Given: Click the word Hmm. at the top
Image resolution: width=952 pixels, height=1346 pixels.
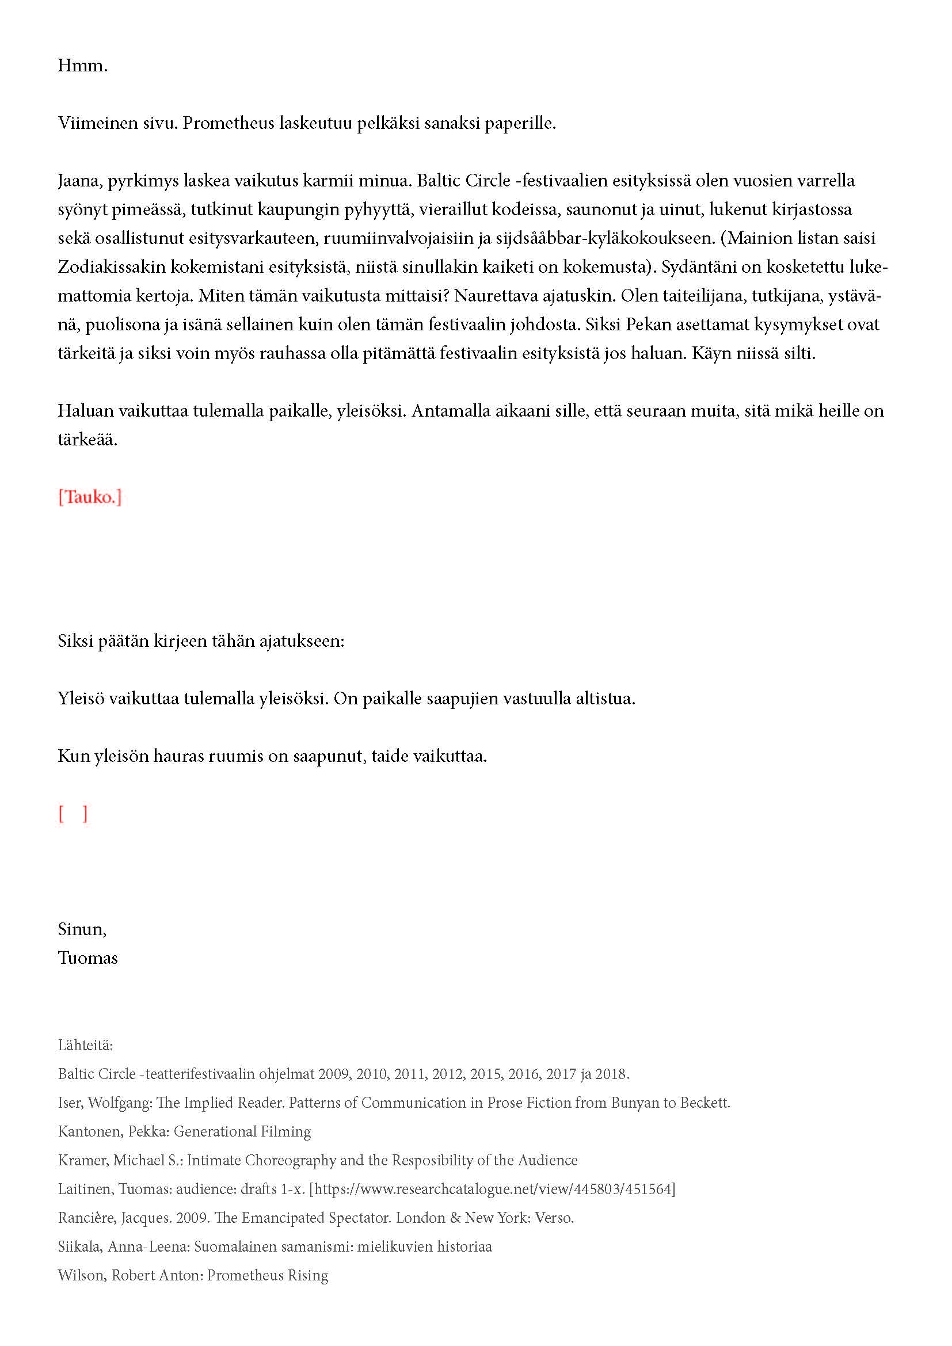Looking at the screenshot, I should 83,65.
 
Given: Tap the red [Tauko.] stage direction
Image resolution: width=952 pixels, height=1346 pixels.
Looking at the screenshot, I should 90,497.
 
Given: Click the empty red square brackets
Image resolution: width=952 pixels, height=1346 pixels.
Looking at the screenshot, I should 73,814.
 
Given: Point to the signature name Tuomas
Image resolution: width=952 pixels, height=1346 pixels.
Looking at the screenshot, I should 87,958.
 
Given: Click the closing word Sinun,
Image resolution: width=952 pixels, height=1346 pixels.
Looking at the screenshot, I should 82,929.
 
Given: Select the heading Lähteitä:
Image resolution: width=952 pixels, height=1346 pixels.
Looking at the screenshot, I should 86,1045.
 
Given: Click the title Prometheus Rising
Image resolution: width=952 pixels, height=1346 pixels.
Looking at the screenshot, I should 267,1275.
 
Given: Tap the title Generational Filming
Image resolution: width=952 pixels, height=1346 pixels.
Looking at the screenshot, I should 242,1131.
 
